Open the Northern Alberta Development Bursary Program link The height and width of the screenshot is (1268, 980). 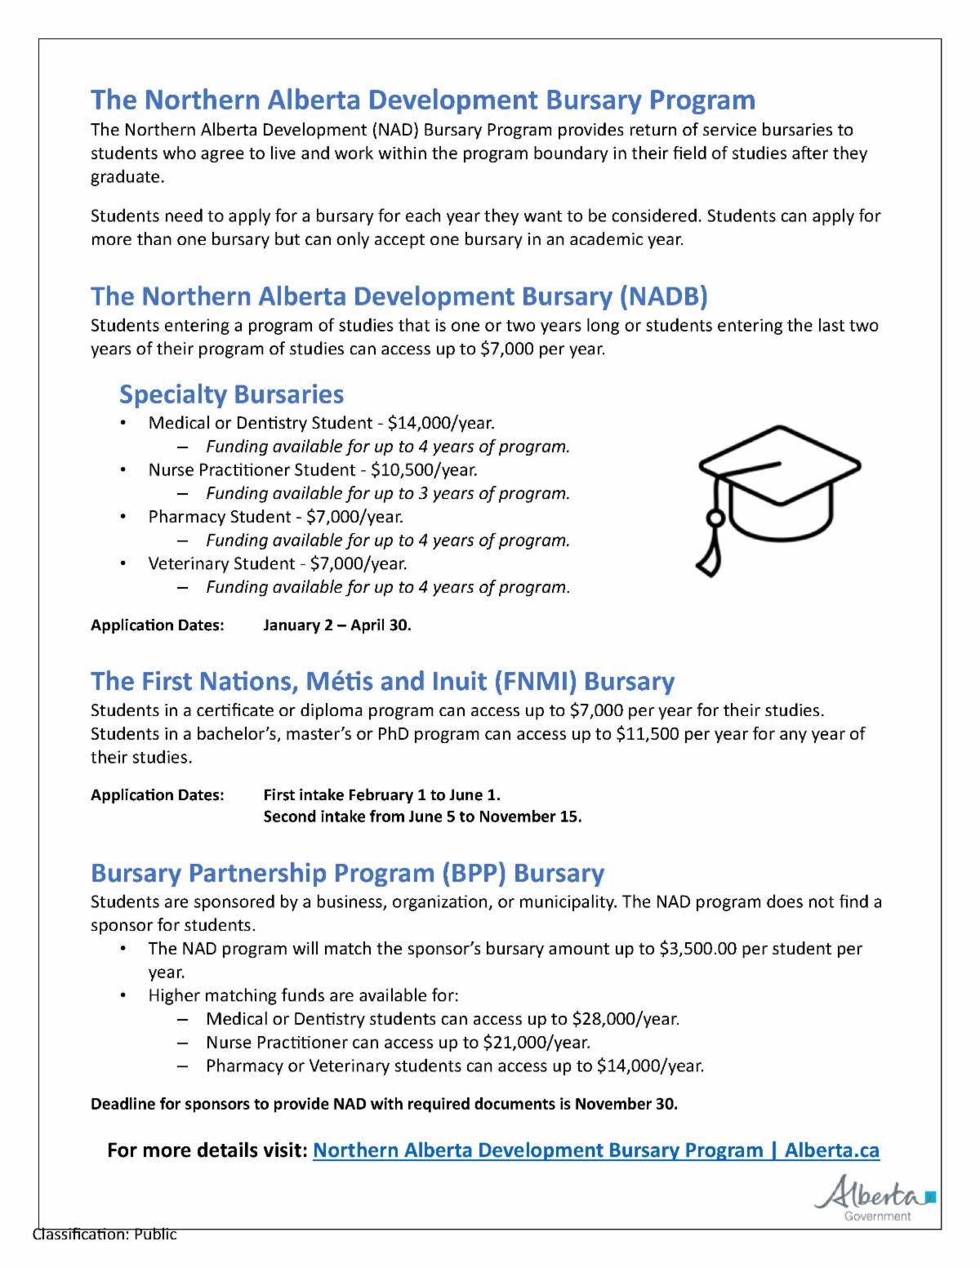click(x=596, y=1150)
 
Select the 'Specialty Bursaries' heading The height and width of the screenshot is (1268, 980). click(x=231, y=394)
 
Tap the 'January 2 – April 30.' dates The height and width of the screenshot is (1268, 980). click(x=336, y=625)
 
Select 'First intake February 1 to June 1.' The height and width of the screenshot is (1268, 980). click(x=381, y=794)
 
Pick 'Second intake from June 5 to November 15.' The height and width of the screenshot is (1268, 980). click(x=422, y=816)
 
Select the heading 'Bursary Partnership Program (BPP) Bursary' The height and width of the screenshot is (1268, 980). click(x=347, y=873)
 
